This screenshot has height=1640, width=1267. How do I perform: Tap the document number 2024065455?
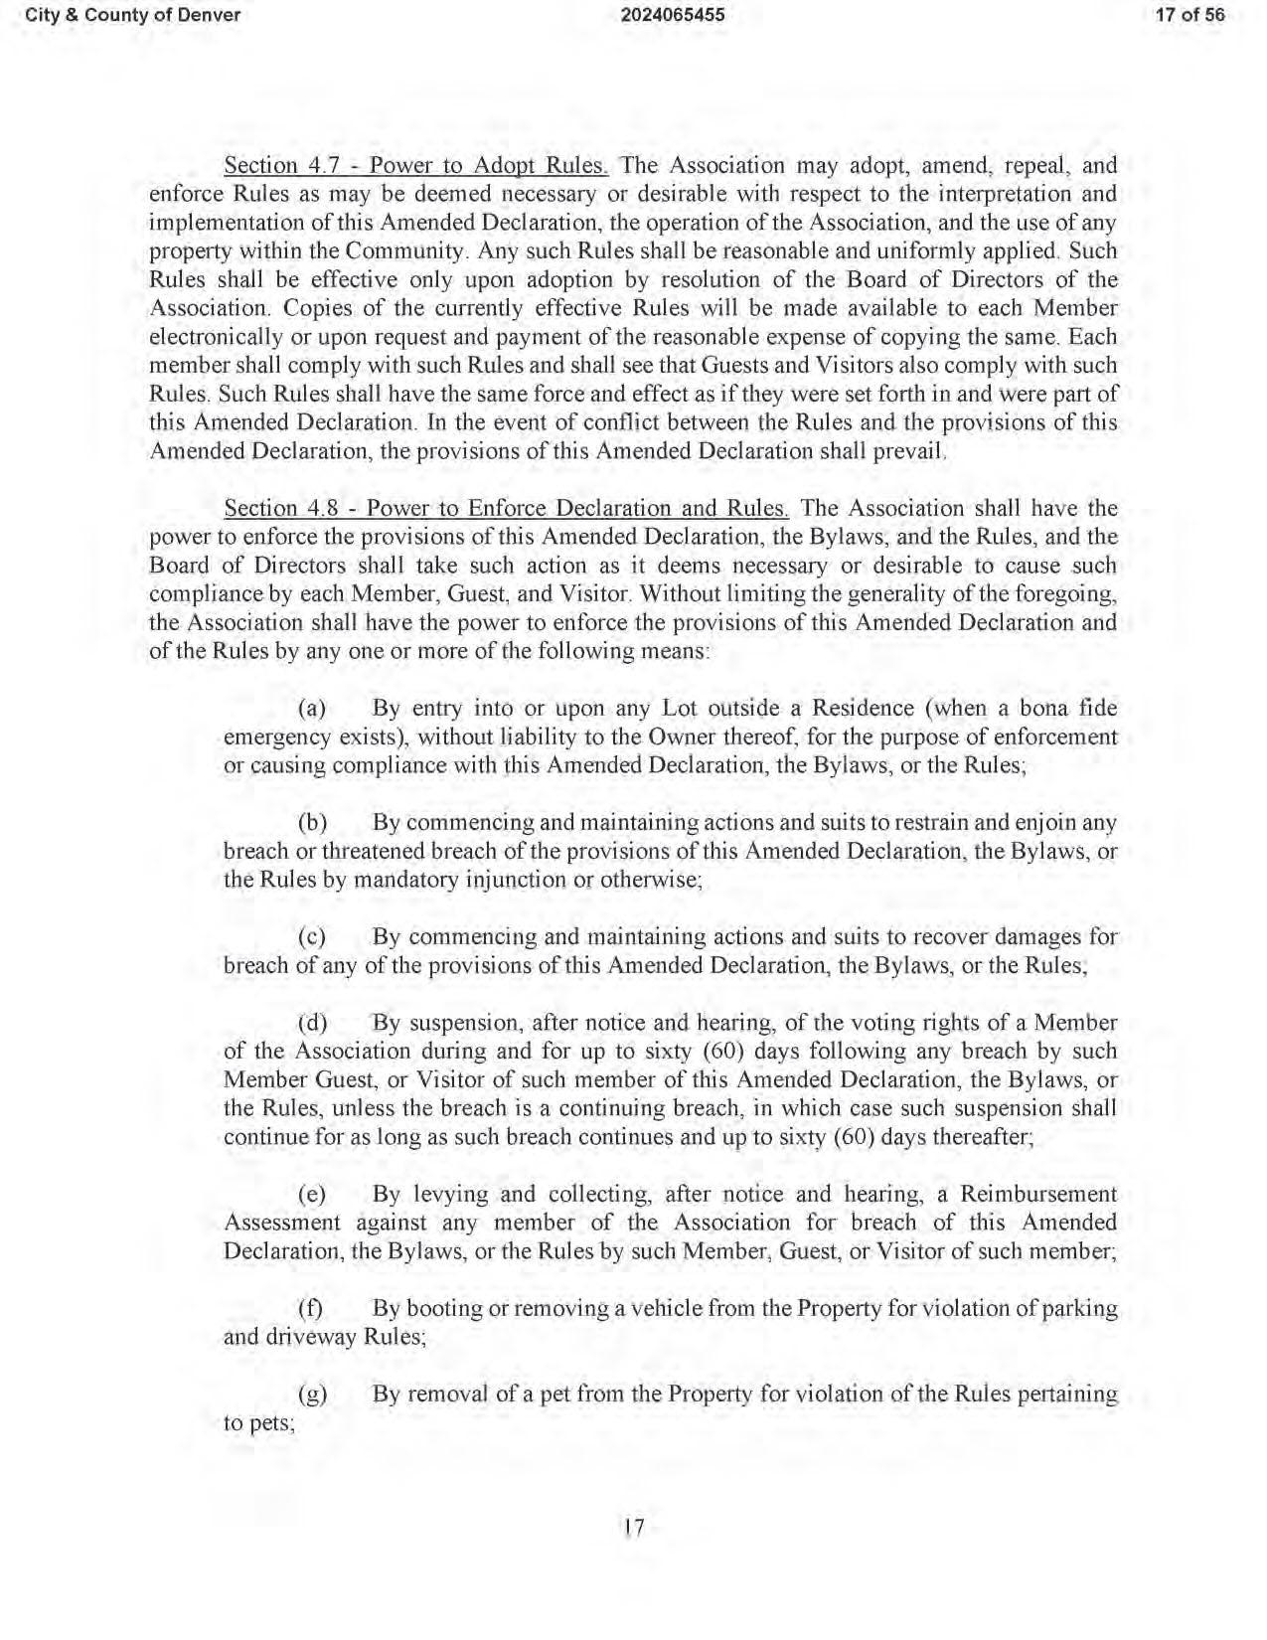click(672, 15)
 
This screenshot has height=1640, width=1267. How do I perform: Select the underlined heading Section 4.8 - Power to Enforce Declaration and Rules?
click(506, 509)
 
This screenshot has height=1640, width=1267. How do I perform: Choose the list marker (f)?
click(312, 1309)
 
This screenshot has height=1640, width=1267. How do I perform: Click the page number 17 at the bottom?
click(634, 1528)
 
